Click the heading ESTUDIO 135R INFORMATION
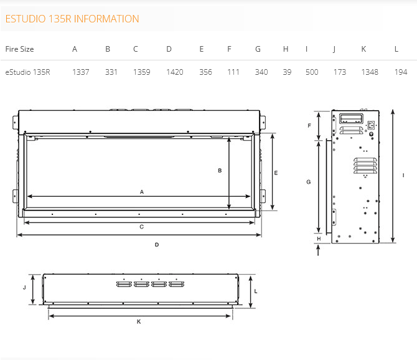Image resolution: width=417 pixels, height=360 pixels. (72, 19)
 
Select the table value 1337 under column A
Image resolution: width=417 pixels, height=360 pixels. (81, 72)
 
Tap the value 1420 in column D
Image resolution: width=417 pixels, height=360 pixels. (175, 72)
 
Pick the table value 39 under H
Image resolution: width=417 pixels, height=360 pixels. (287, 72)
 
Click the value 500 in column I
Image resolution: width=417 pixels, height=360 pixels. (312, 72)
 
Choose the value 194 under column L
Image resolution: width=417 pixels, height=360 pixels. (401, 72)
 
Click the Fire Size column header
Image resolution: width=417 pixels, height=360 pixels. (20, 49)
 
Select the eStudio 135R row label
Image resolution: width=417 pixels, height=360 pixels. (27, 72)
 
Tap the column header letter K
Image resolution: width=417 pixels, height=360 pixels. (363, 49)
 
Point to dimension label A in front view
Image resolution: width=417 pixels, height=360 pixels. (142, 192)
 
